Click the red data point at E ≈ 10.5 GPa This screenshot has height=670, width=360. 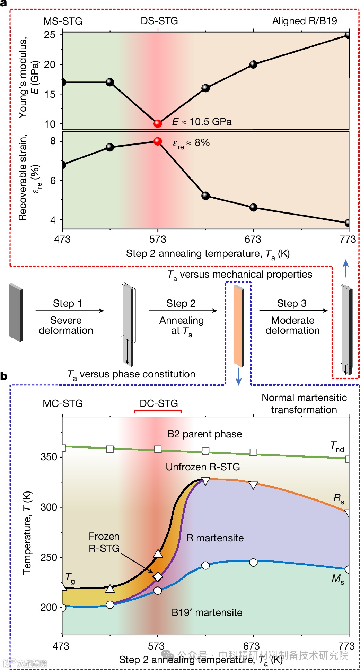click(x=158, y=123)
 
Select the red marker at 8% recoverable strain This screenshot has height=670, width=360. click(x=158, y=141)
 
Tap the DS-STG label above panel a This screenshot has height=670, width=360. click(x=159, y=21)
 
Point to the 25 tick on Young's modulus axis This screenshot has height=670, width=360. click(x=50, y=35)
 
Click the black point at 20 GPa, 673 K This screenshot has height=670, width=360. click(x=253, y=64)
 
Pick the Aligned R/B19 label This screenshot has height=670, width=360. click(x=304, y=21)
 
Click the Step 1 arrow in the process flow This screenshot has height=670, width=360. click(x=70, y=311)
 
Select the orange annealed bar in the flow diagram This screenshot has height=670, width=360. click(x=238, y=325)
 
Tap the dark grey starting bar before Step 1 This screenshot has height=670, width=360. click(x=16, y=312)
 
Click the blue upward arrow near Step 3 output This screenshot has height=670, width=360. click(x=345, y=268)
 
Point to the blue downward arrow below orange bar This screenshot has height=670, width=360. click(x=238, y=376)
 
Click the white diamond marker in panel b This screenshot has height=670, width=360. click(x=158, y=576)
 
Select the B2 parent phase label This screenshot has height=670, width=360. click(x=204, y=434)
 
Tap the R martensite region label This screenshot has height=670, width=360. click(x=215, y=538)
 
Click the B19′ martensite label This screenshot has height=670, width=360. click(x=207, y=612)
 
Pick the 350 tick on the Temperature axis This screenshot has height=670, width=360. click(x=49, y=457)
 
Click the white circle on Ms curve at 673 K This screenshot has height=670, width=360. click(x=253, y=562)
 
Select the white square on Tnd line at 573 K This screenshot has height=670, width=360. click(x=158, y=449)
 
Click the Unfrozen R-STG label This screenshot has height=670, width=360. click(x=203, y=467)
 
